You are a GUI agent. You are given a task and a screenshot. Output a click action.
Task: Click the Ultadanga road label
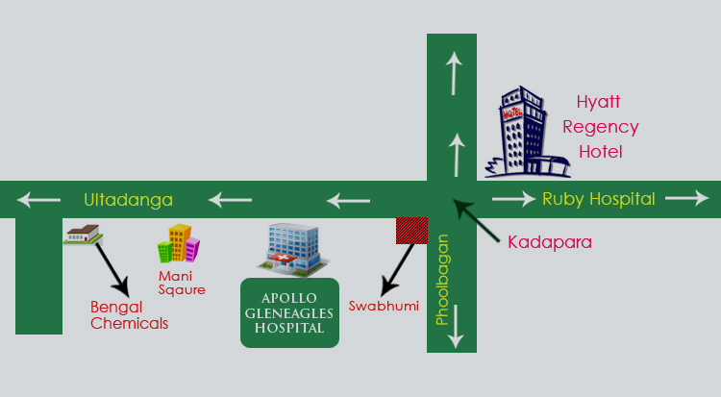point(128,200)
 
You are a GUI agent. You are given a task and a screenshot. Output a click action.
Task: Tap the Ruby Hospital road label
point(598,199)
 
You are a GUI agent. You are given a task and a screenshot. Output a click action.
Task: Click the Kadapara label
point(549,241)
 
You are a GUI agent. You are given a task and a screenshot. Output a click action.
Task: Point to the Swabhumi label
point(377,306)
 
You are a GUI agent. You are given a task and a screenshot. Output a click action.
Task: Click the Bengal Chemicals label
point(129,315)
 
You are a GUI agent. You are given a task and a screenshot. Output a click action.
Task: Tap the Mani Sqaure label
point(182,283)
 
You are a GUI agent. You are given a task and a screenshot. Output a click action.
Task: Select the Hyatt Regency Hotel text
point(601,126)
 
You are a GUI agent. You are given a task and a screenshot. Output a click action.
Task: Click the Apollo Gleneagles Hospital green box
point(289,313)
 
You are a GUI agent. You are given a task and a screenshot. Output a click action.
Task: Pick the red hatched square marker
point(412,230)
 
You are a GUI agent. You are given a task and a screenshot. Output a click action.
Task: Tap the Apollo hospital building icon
point(292,247)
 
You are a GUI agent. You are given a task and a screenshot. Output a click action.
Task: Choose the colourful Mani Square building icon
point(178,244)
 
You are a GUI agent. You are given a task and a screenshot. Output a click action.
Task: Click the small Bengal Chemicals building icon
point(83,233)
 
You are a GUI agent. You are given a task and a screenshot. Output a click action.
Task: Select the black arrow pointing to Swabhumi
point(398,269)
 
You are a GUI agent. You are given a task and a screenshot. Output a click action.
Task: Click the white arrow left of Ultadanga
point(38,200)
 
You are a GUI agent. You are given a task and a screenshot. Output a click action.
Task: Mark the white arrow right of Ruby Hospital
point(685,199)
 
